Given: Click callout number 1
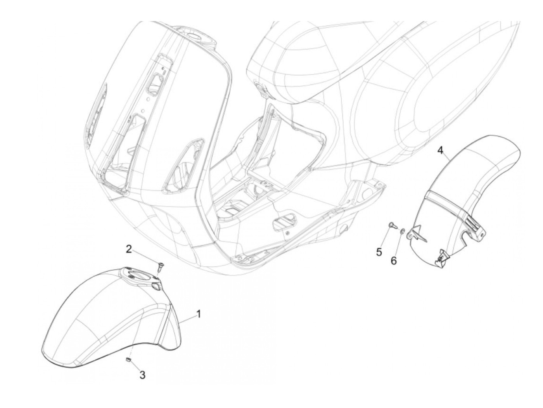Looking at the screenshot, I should [199, 313].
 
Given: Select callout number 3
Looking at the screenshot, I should [142, 375].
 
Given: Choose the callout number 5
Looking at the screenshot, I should [379, 252].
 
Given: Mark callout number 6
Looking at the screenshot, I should [393, 261].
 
